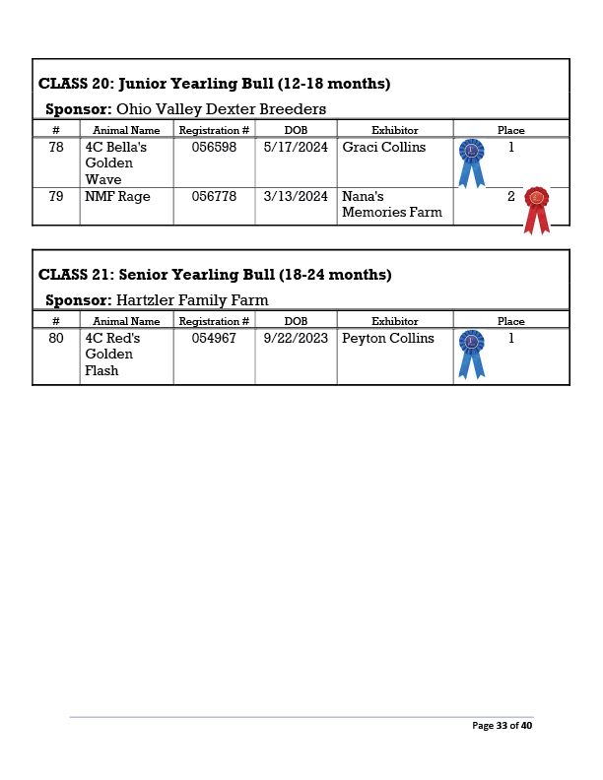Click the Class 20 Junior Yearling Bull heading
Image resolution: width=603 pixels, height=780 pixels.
pyautogui.click(x=214, y=84)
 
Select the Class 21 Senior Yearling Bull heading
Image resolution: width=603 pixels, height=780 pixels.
pyautogui.click(x=214, y=275)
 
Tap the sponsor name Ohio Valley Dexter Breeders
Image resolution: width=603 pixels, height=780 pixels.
pyautogui.click(x=221, y=108)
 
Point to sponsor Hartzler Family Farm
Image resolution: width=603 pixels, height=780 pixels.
pyautogui.click(x=192, y=299)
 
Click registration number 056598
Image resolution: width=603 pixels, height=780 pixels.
pyautogui.click(x=214, y=148)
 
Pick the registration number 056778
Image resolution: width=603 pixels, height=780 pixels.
pyautogui.click(x=214, y=196)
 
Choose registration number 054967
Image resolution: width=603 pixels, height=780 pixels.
pyautogui.click(x=214, y=339)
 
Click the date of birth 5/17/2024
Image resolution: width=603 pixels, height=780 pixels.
pyautogui.click(x=296, y=148)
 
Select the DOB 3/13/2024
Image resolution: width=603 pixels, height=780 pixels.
pyautogui.click(x=296, y=196)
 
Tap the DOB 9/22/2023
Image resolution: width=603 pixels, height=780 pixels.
pyautogui.click(x=296, y=339)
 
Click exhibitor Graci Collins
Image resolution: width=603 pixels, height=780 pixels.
pyautogui.click(x=384, y=148)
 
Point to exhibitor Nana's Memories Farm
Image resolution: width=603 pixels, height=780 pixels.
pyautogui.click(x=392, y=204)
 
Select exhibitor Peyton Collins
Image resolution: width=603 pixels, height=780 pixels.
pyautogui.click(x=388, y=339)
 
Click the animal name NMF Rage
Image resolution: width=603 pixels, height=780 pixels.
pyautogui.click(x=117, y=196)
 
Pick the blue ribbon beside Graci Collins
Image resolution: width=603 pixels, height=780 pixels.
pyautogui.click(x=472, y=162)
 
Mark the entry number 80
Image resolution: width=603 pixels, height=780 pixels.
pyautogui.click(x=56, y=339)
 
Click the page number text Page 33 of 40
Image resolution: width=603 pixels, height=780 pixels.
pyautogui.click(x=502, y=726)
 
